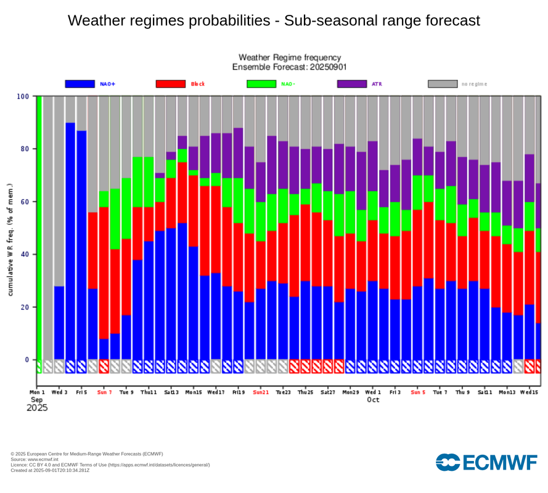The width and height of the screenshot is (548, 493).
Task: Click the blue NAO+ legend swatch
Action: point(80,84)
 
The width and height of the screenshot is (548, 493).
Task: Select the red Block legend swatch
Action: point(171,84)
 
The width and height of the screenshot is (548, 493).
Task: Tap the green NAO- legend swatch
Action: point(261,84)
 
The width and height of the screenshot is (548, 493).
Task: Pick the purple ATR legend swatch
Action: point(352,84)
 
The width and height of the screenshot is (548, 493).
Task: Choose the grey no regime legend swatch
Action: point(443,84)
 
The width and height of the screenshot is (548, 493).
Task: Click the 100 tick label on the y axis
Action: point(23,96)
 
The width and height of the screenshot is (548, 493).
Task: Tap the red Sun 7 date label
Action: point(104,393)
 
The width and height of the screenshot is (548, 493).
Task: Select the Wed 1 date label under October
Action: point(372,393)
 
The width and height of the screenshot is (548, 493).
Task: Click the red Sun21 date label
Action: point(261,393)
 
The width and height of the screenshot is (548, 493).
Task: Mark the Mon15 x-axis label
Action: point(194,393)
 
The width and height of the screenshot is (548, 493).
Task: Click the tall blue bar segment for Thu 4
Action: point(70,241)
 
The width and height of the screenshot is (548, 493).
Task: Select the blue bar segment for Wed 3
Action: point(59,323)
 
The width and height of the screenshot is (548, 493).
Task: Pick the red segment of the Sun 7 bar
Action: point(104,273)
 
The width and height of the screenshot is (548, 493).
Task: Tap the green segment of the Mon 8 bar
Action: point(115,219)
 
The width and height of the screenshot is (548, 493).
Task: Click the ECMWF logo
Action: point(486,462)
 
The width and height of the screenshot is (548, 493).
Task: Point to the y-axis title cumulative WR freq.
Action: point(10,240)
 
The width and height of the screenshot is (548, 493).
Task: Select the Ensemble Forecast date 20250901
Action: point(328,67)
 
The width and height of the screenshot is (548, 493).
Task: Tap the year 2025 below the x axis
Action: point(37,408)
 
